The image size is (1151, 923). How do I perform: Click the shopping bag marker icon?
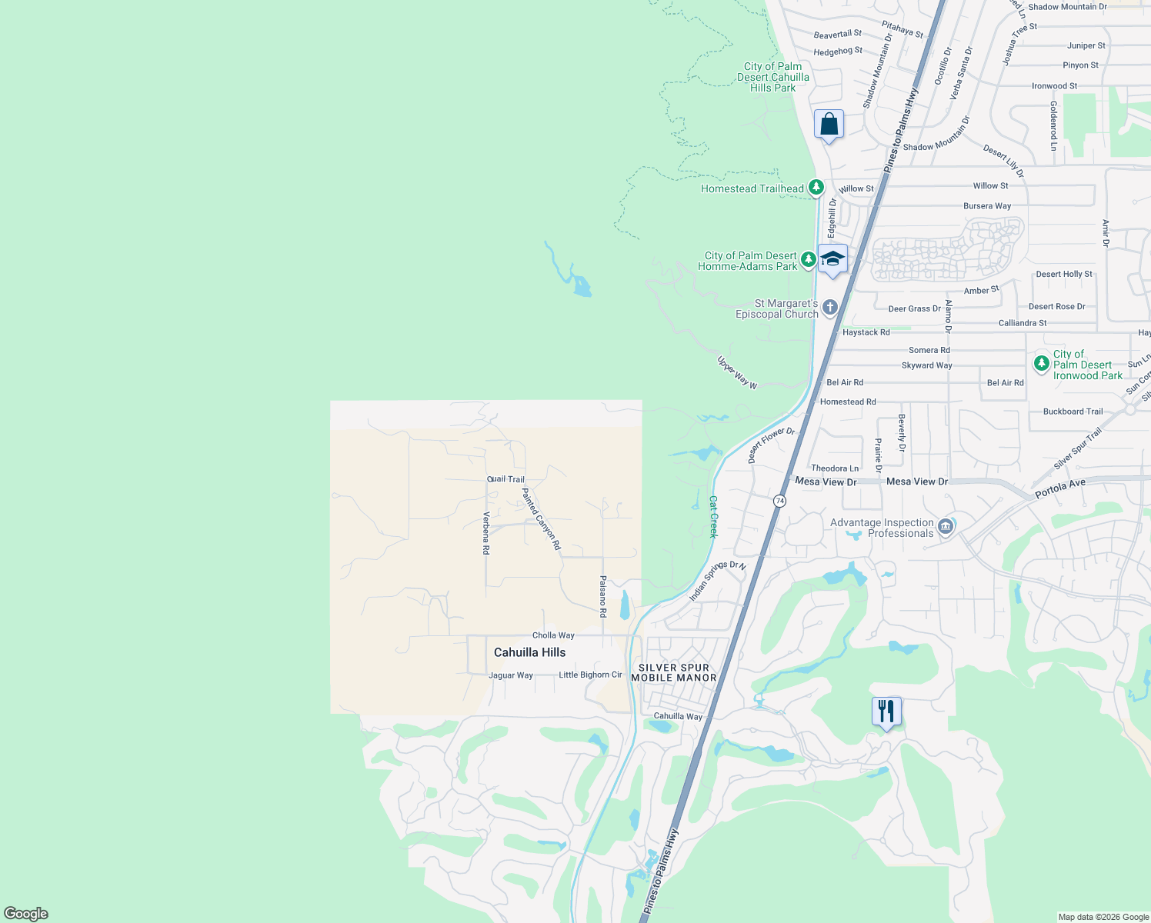[x=829, y=124]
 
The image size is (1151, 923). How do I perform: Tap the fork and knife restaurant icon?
[x=886, y=711]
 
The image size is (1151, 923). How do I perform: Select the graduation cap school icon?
[x=832, y=258]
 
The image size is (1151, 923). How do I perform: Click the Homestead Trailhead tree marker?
[x=816, y=188]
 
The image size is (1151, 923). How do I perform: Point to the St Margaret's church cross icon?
[x=829, y=308]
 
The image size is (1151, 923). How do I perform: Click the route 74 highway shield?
[x=780, y=501]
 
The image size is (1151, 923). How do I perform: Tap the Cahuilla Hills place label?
[x=529, y=652]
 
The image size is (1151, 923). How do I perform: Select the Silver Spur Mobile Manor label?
[x=674, y=673]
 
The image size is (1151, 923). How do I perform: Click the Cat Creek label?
[x=713, y=517]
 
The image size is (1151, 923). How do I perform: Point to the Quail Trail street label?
[x=505, y=479]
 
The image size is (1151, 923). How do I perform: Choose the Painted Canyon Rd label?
[x=542, y=519]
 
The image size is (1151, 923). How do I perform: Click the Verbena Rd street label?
[x=486, y=533]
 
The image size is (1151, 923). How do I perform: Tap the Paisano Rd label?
[x=603, y=597]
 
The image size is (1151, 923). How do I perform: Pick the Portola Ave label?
[x=1060, y=488]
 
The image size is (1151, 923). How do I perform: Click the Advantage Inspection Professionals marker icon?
[x=946, y=527]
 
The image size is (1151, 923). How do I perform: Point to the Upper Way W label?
[x=737, y=372]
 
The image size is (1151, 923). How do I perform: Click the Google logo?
[x=25, y=914]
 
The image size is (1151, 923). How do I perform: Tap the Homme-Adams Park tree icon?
[x=808, y=259]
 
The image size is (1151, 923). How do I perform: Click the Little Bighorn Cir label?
[x=590, y=675]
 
